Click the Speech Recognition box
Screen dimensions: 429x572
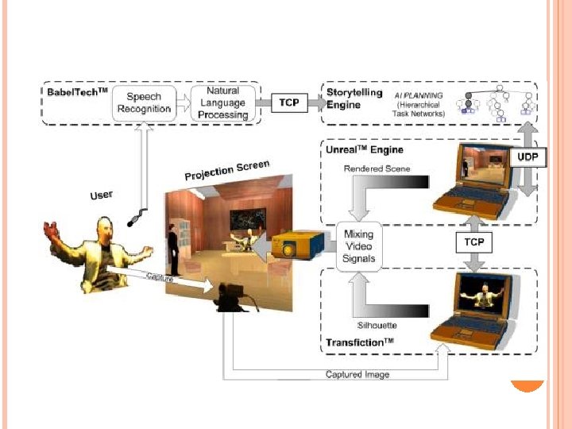[x=143, y=102]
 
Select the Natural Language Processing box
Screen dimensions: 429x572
[x=222, y=103]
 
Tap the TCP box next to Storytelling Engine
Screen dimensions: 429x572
[x=289, y=102]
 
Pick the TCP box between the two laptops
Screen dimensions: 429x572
[x=474, y=240]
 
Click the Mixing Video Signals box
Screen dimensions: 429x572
[x=359, y=246]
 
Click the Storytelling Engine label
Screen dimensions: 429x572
[x=354, y=99]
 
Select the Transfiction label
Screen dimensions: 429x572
[x=360, y=342]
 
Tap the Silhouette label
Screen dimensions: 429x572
[x=376, y=326]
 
